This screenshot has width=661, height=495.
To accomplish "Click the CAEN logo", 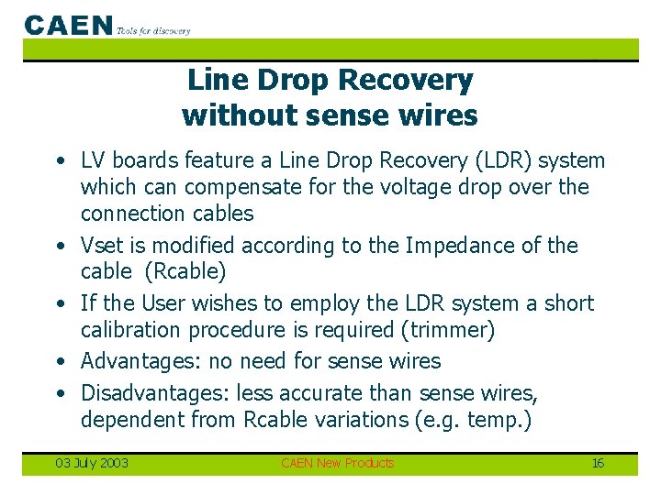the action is (69, 25).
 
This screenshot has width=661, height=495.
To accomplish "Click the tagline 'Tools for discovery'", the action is (153, 30).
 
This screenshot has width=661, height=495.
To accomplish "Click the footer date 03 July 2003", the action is (92, 463).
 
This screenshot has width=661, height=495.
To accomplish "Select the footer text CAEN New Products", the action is (337, 463).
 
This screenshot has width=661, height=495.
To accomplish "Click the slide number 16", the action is (598, 463).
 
